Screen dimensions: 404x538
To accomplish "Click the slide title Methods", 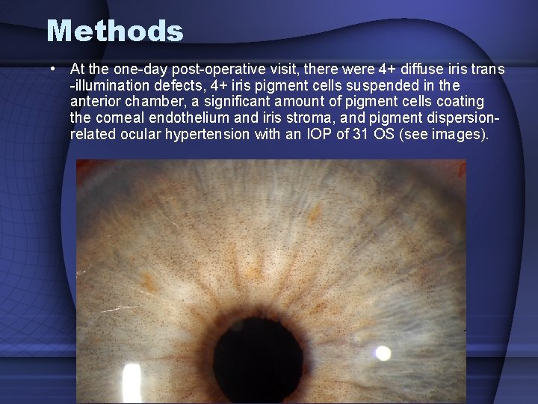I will pyautogui.click(x=114, y=31).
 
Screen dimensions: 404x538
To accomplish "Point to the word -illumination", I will pyautogui.click(x=108, y=85).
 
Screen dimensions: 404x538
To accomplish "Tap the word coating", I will pyautogui.click(x=461, y=101).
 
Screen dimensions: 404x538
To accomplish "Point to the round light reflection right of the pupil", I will pyautogui.click(x=383, y=352).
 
